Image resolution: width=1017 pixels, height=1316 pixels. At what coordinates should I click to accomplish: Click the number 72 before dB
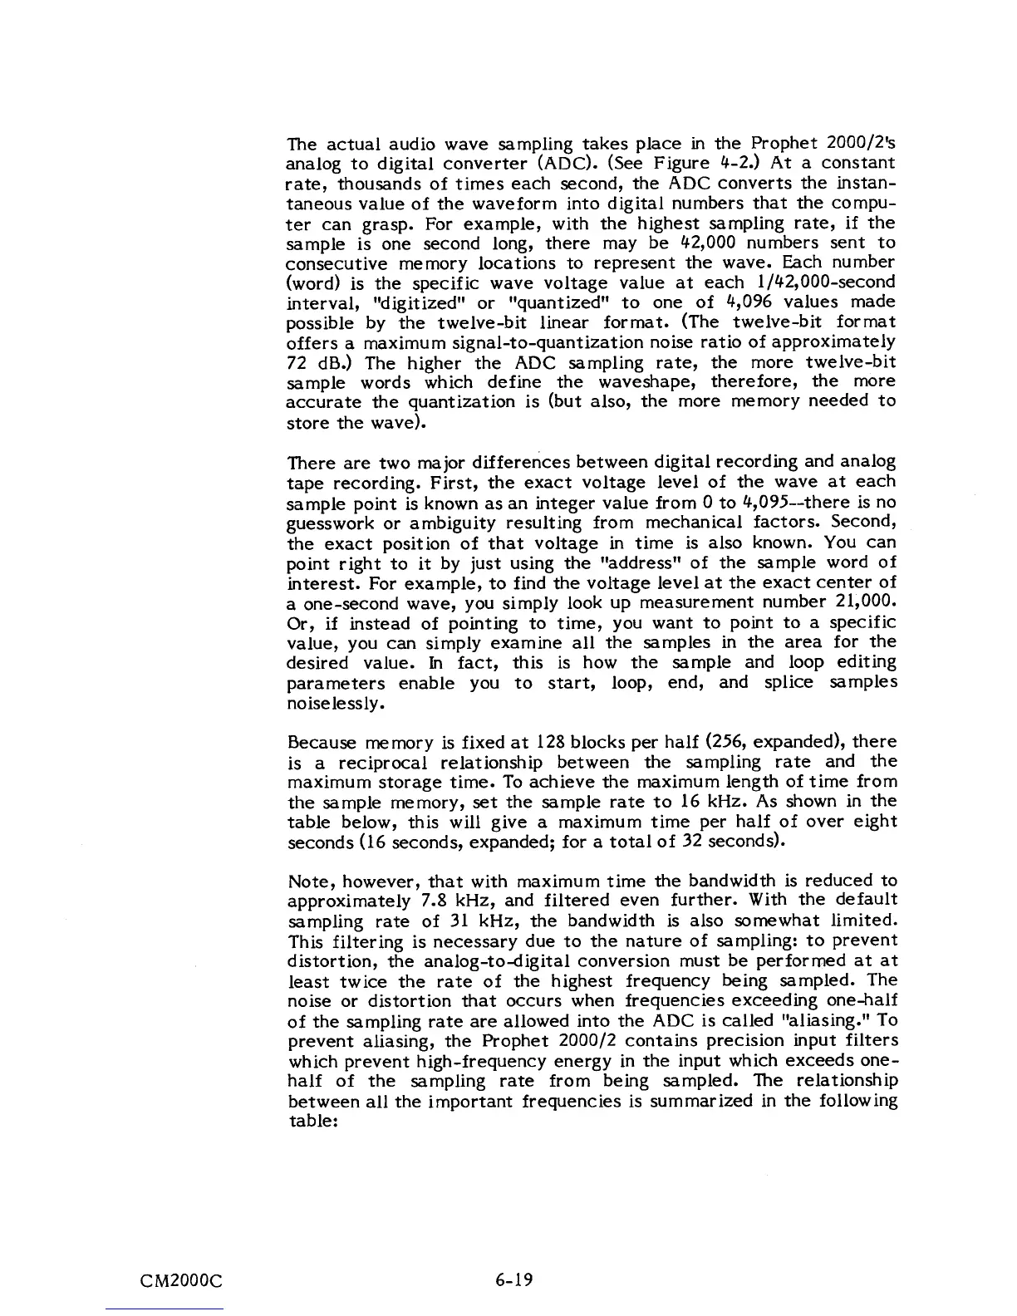pyautogui.click(x=296, y=363)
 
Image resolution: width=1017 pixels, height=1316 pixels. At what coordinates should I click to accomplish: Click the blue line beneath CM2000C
pyautogui.click(x=165, y=1309)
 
